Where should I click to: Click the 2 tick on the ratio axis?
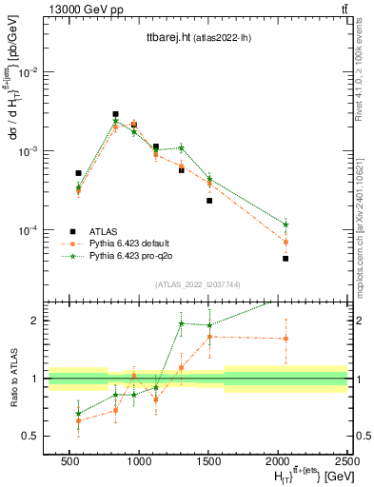[x=37, y=321]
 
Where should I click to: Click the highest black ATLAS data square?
[x=115, y=114]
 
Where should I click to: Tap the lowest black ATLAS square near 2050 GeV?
[x=285, y=258]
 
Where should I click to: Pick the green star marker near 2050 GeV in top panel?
[x=285, y=224]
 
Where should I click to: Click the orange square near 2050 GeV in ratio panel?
[x=285, y=339]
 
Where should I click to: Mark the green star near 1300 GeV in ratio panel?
[x=181, y=323]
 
